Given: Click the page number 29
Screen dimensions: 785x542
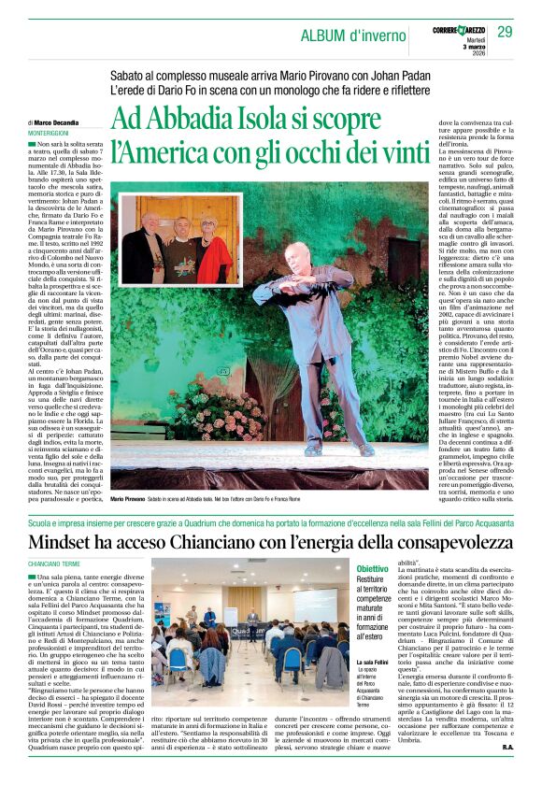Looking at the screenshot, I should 505,33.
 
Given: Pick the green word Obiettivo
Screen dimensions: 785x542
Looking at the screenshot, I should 372,567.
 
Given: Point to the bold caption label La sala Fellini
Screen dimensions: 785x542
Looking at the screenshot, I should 372,663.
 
